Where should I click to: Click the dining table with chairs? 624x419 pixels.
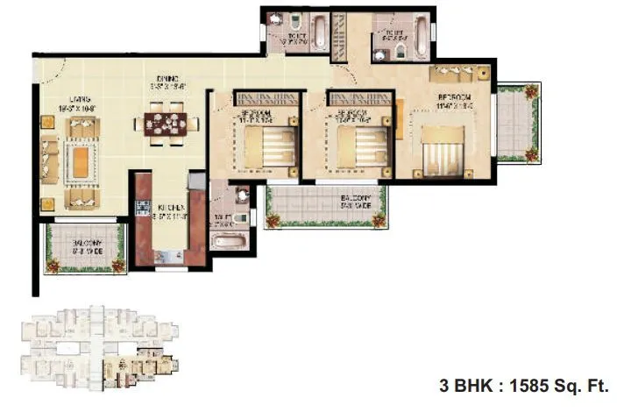click(167, 122)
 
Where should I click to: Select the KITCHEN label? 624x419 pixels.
click(169, 207)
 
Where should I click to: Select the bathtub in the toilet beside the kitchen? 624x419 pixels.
click(230, 242)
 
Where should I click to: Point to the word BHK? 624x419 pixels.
click(466, 385)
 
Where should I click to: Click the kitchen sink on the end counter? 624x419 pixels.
click(163, 256)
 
